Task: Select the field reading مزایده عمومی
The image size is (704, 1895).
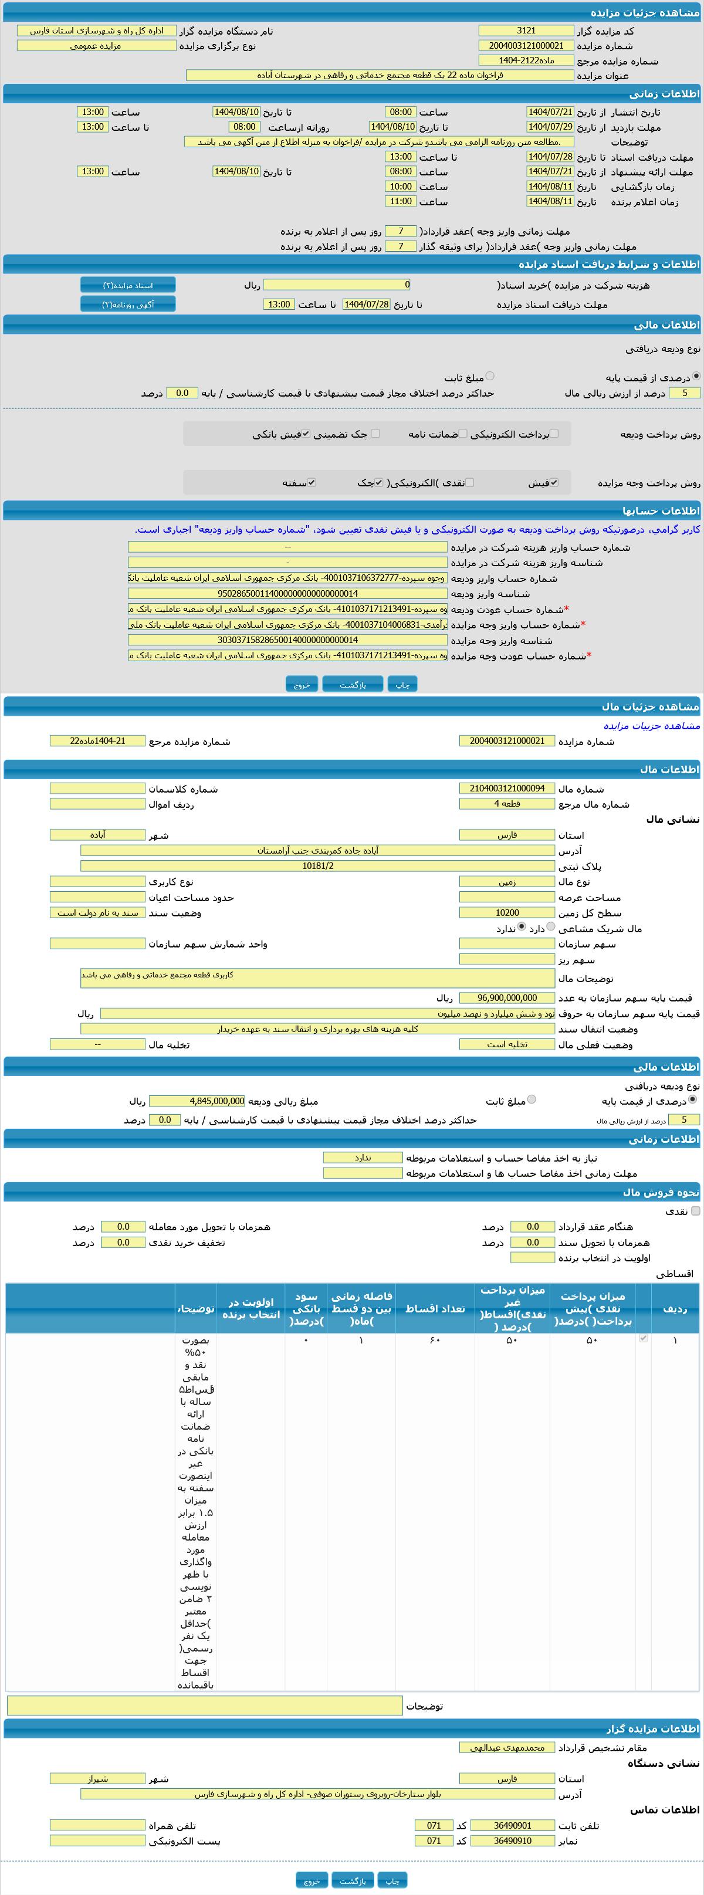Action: [96, 46]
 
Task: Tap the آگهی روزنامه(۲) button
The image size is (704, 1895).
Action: [128, 304]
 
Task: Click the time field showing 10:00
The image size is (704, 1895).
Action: [400, 187]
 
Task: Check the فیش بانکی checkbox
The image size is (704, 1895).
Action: [306, 434]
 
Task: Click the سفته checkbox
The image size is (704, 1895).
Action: [312, 483]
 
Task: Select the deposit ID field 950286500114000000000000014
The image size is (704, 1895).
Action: [287, 594]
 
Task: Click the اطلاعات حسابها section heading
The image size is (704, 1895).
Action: [661, 510]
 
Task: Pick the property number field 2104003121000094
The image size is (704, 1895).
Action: [507, 789]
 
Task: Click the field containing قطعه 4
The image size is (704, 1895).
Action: [507, 804]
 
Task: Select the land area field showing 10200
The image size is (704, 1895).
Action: [507, 913]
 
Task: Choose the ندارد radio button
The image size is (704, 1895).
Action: [522, 928]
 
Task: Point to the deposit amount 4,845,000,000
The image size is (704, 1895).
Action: [197, 1101]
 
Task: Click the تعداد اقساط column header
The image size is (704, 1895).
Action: [435, 1308]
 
